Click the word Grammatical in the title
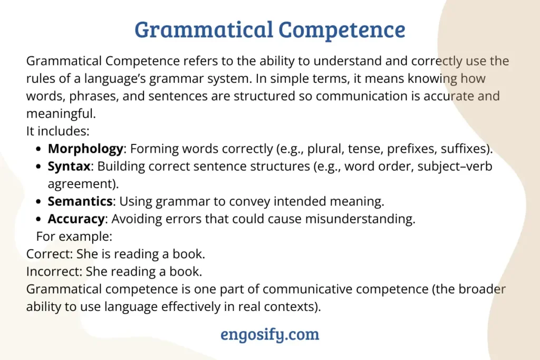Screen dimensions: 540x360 pos(204,30)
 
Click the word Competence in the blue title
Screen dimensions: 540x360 pos(342,30)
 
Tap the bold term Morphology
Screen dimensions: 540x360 pos(85,149)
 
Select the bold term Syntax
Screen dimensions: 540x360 pos(69,167)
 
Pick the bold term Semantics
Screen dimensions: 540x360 pos(80,201)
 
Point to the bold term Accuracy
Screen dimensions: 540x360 pos(76,219)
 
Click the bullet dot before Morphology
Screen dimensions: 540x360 pos(38,149)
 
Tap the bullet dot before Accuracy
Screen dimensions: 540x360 pos(38,219)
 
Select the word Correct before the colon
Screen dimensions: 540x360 pos(48,254)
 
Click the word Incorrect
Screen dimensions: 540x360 pos(53,271)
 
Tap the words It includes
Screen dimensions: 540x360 pos(56,131)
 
